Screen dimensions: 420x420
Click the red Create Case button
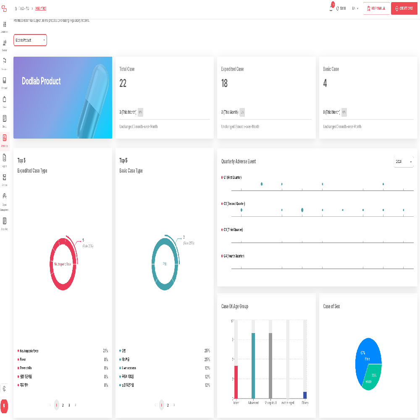click(404, 8)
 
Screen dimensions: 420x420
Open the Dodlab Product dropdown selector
click(30, 40)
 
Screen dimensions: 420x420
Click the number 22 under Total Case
click(123, 84)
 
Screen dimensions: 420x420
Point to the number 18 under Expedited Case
click(224, 84)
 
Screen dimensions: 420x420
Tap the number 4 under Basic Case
click(325, 84)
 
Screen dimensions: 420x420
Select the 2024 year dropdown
click(404, 162)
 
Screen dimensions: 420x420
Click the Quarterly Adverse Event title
click(239, 162)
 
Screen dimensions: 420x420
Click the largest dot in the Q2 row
click(302, 210)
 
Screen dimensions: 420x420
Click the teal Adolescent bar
click(253, 365)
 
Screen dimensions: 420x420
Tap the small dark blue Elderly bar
click(305, 395)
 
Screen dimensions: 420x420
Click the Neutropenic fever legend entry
click(29, 351)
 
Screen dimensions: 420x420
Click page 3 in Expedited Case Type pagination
click(69, 405)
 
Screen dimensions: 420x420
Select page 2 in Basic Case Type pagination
click(168, 405)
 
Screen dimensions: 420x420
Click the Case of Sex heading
click(331, 307)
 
